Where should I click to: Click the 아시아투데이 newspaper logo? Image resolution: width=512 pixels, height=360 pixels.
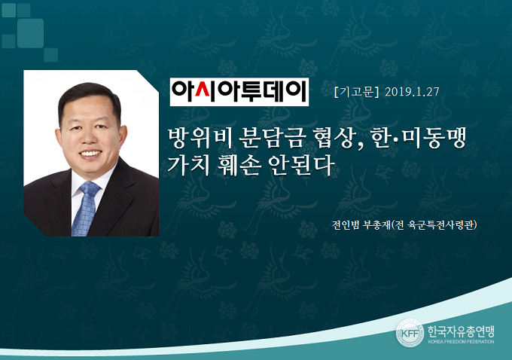click(x=239, y=92)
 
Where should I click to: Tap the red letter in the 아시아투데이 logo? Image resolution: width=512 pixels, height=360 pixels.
click(x=203, y=92)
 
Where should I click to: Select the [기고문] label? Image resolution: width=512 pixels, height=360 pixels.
click(x=357, y=92)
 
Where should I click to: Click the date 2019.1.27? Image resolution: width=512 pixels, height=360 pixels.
click(x=412, y=92)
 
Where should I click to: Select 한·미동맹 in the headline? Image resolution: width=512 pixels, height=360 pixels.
click(x=419, y=139)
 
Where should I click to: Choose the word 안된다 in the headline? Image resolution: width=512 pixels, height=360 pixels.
click(x=301, y=165)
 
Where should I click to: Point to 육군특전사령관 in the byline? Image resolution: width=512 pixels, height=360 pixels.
click(x=440, y=224)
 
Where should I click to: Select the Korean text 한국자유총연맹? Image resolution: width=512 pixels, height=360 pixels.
click(x=461, y=331)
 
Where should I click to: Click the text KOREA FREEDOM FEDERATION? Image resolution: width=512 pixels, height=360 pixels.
click(x=461, y=342)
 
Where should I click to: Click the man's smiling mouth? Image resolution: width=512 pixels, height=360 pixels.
click(x=90, y=153)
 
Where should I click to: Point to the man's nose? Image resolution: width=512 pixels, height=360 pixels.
click(x=90, y=136)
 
